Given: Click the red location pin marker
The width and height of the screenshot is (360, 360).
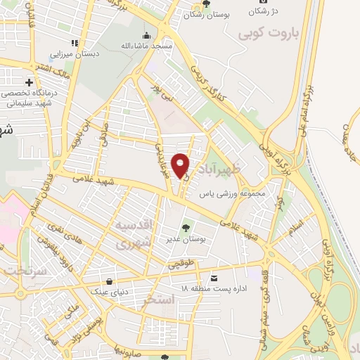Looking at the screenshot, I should (181, 165).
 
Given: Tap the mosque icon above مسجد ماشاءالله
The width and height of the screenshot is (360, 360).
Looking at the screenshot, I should (147, 36).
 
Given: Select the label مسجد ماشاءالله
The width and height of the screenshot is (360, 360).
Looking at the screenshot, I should (146, 46).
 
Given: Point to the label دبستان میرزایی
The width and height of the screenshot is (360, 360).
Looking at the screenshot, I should (75, 53).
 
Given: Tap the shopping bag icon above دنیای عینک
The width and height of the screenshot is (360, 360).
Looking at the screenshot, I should (108, 279).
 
